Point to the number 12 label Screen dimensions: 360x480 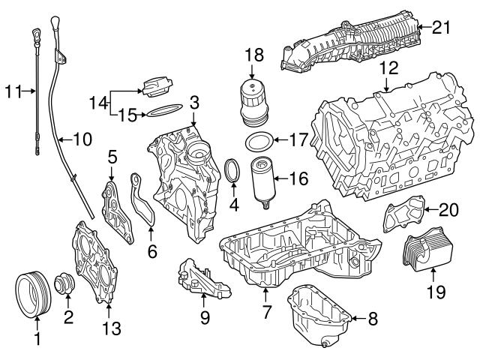click(x=387, y=67)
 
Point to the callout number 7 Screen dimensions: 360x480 click(x=265, y=310)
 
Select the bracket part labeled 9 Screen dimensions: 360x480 click(x=201, y=275)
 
